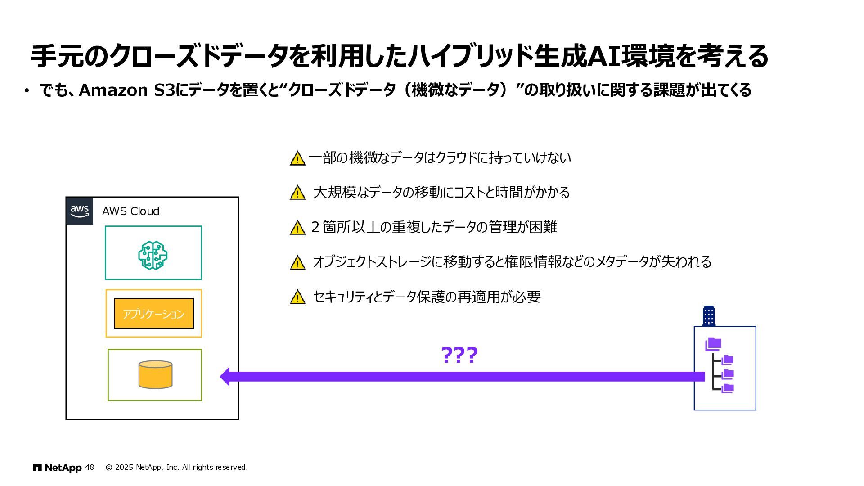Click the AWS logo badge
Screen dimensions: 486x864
[x=80, y=211]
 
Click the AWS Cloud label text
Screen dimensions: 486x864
[x=130, y=211]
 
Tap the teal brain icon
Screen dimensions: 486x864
[x=153, y=255]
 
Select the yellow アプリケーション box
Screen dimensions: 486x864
[x=154, y=314]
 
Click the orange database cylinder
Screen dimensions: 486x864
[x=155, y=374]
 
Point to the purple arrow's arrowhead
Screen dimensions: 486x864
[x=225, y=377]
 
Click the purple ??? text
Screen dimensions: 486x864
[x=459, y=355]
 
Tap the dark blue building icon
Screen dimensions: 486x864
[x=709, y=316]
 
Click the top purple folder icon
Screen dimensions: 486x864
[x=713, y=344]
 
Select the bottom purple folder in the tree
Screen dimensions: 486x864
[x=727, y=388]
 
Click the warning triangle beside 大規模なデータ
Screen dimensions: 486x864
[x=297, y=193]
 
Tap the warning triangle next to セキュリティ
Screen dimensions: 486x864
[x=297, y=297]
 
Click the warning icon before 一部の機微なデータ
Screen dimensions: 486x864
[x=297, y=158]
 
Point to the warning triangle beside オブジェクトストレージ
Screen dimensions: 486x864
[x=297, y=263]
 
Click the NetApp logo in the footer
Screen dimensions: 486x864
[x=57, y=468]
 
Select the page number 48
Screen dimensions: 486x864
[x=90, y=468]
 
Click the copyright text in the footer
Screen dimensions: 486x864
[x=176, y=468]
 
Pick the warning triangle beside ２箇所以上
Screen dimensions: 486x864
[x=297, y=228]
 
